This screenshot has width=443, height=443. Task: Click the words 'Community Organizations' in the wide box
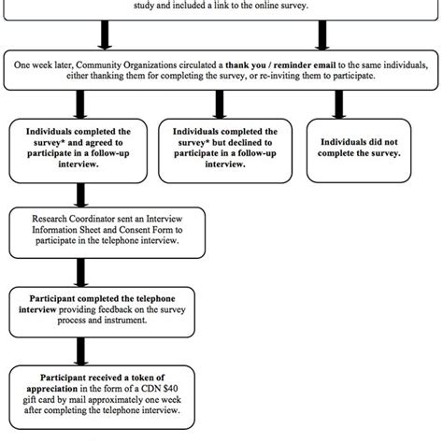click(124, 64)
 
